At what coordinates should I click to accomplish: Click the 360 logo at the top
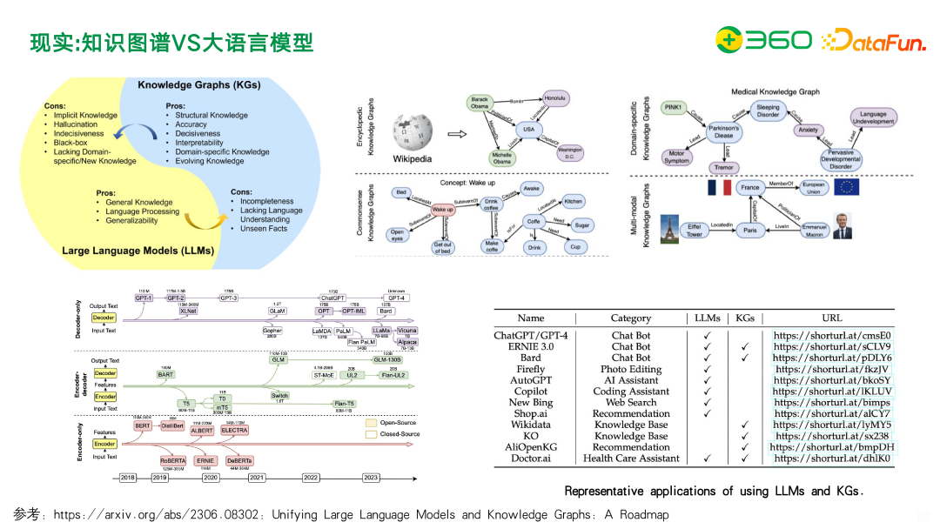pos(763,40)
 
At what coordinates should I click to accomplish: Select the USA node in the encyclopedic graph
pos(527,129)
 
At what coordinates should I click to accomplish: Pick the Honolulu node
pos(555,98)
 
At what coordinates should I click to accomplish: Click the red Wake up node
pos(443,210)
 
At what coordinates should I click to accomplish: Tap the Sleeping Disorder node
pos(768,110)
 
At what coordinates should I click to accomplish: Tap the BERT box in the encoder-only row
pos(143,426)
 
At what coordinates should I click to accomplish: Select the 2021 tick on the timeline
pos(257,478)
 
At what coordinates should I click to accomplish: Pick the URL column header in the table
pos(832,318)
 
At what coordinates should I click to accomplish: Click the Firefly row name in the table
pos(530,369)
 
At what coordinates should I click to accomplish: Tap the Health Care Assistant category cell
pos(630,459)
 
